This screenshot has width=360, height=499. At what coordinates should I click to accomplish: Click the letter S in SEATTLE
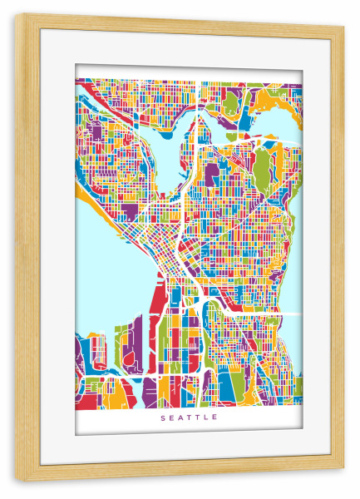click(163, 417)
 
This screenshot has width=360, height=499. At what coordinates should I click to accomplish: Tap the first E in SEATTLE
click(171, 417)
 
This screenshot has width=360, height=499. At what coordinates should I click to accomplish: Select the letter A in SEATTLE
click(180, 417)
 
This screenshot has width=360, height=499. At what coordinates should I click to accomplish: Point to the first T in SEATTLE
click(190, 417)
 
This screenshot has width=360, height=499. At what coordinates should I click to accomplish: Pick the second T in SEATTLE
click(198, 417)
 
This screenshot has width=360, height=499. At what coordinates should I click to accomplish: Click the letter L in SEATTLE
click(206, 417)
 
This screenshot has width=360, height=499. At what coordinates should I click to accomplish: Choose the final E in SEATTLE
click(215, 417)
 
